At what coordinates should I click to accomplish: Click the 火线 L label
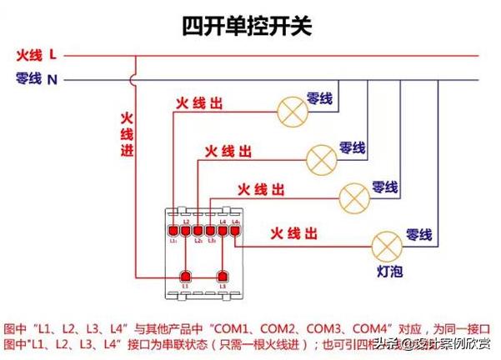coord(36,56)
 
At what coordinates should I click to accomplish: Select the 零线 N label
coord(36,79)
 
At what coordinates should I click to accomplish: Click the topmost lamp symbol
coord(290,108)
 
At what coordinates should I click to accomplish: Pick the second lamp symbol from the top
coord(321,157)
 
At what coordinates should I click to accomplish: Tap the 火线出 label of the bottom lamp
coord(293,232)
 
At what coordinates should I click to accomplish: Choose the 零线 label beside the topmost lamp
coord(319,98)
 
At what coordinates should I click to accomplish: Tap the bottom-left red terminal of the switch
coord(186,275)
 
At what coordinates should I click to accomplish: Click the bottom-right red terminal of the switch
coord(223,275)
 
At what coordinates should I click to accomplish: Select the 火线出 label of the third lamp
coord(261,190)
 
